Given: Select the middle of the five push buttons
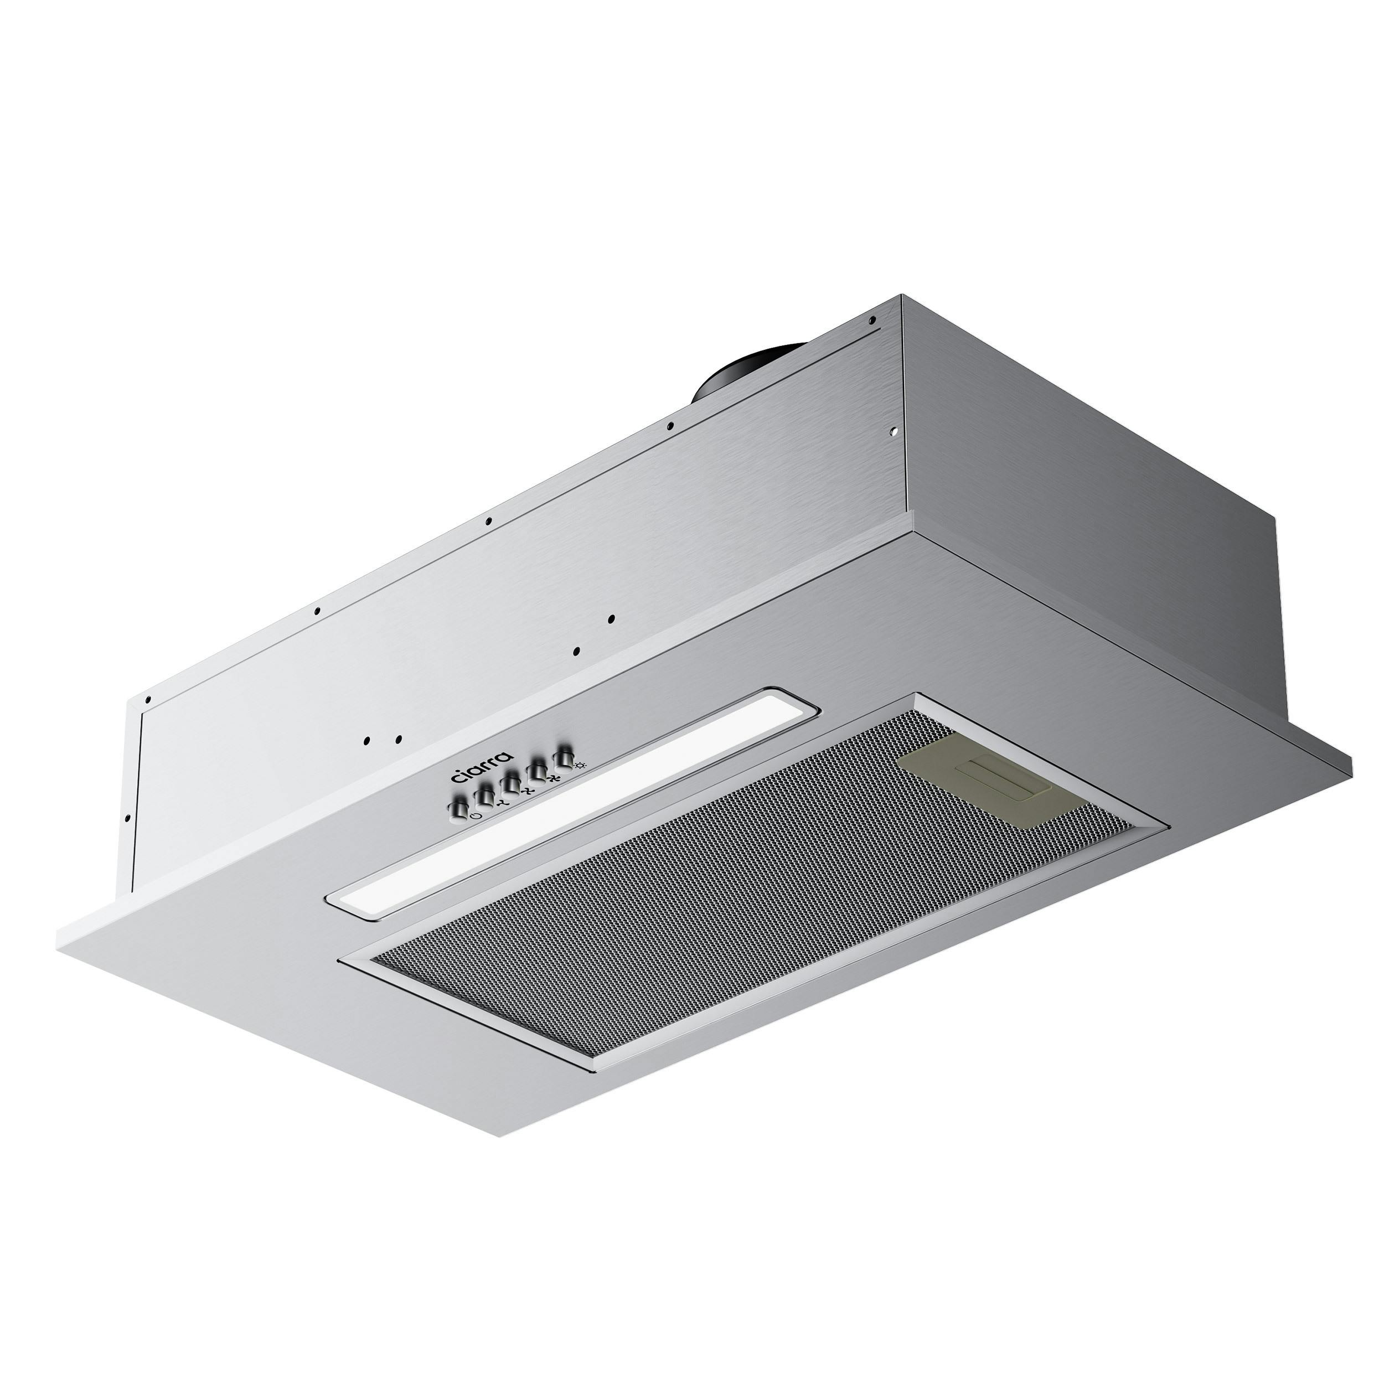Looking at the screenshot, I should point(509,783).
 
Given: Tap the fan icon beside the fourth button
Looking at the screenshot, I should point(554,778).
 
